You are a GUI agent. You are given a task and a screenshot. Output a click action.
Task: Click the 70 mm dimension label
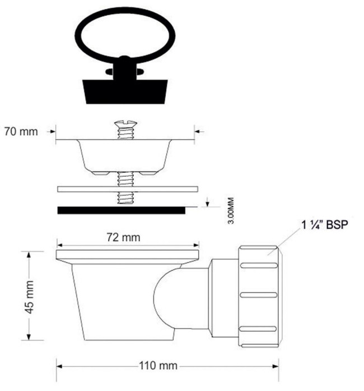[x=21, y=132]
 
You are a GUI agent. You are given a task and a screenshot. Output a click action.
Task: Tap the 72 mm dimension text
[x=124, y=237]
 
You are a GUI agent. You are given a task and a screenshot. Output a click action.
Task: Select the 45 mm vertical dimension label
[x=29, y=297]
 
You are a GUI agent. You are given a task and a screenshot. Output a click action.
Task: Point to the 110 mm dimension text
[x=158, y=366]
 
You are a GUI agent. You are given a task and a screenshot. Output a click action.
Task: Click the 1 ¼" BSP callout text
[x=325, y=225]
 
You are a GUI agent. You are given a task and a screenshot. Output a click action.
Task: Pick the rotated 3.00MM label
[x=231, y=211]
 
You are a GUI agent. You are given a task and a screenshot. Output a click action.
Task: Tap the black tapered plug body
[x=125, y=91]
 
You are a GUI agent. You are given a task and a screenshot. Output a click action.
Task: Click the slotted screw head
[x=126, y=123]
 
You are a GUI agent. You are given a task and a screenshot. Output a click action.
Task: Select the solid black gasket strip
[x=122, y=210]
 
